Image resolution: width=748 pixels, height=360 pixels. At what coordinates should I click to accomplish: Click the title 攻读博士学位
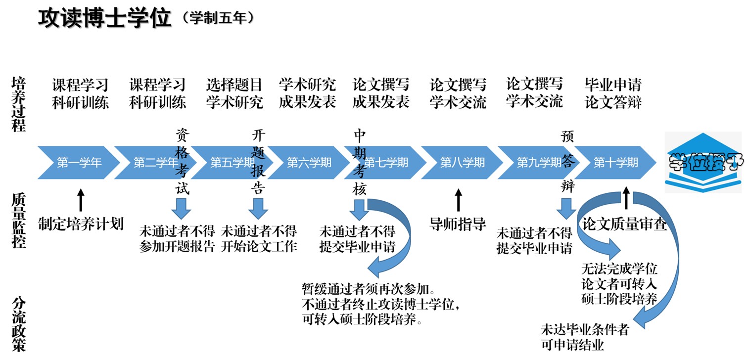[x=105, y=18]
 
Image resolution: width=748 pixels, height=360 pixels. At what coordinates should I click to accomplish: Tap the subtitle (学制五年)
[x=218, y=18]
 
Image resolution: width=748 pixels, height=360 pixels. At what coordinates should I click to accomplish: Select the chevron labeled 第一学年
[x=79, y=162]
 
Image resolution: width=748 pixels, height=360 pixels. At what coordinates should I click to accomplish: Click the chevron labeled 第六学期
[x=309, y=162]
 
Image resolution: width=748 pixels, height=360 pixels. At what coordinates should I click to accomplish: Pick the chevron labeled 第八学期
[x=463, y=162]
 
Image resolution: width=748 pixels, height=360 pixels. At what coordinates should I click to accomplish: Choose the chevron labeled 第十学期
[x=616, y=162]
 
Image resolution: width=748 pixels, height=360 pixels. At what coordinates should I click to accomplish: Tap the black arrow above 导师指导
[x=459, y=200]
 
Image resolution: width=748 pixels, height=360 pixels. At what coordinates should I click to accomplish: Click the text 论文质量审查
[x=625, y=225]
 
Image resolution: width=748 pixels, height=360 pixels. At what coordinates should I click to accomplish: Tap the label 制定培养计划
[x=81, y=224]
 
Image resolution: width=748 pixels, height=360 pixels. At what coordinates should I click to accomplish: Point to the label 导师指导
[x=458, y=224]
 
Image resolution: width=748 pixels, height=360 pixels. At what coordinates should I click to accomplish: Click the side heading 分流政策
[x=19, y=324]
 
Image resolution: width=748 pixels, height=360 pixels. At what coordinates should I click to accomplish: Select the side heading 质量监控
[x=19, y=220]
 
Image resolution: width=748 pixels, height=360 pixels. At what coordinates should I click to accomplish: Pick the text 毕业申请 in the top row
[x=613, y=85]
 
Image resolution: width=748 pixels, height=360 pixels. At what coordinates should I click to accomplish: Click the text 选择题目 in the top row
[x=234, y=85]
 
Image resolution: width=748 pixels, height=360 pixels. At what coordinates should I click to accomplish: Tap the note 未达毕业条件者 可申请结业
[x=585, y=337]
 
